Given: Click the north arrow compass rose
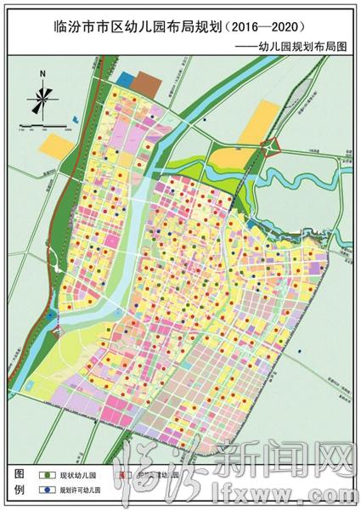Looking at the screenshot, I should tap(39, 103).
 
